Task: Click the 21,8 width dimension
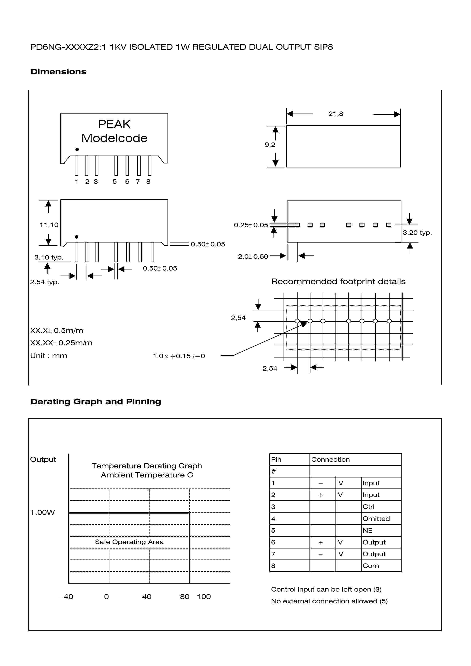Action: (x=336, y=114)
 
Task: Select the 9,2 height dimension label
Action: (x=270, y=144)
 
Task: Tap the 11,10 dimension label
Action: (x=49, y=225)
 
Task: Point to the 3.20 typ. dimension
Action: (x=417, y=233)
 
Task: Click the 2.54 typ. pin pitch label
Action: (x=44, y=282)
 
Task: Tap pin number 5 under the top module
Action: (x=115, y=181)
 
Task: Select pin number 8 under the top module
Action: (x=148, y=181)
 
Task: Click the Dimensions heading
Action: (x=58, y=72)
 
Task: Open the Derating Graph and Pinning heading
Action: (x=96, y=402)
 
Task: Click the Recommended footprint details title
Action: (x=338, y=281)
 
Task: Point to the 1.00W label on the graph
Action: (x=42, y=512)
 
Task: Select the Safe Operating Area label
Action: (x=129, y=542)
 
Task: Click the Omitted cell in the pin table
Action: (x=376, y=519)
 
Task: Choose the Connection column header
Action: (x=330, y=459)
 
